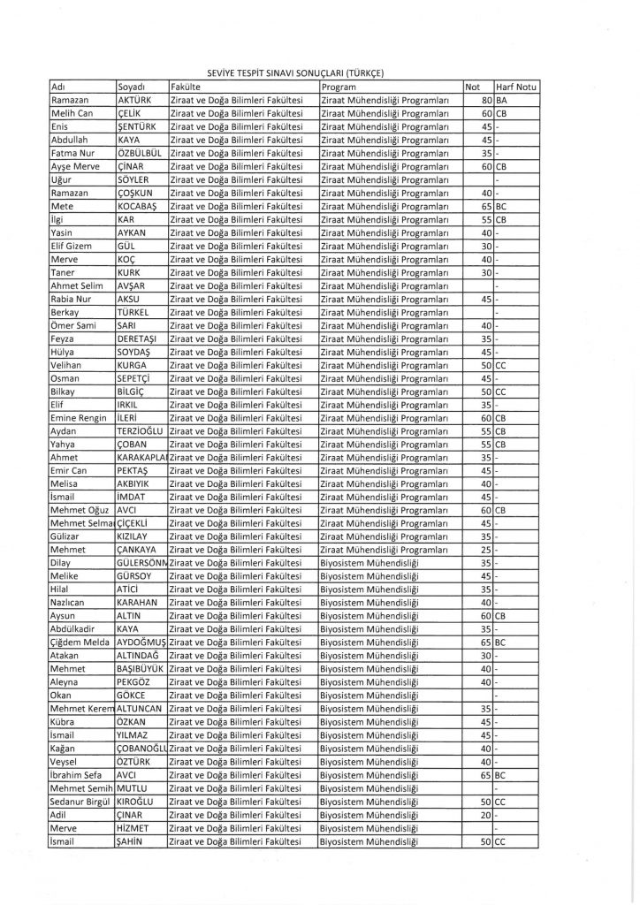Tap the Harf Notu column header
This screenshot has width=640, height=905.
coord(517,87)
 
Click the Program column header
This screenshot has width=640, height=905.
coord(339,87)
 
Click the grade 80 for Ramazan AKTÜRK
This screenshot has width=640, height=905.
coord(485,101)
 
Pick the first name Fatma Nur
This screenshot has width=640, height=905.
coord(72,152)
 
